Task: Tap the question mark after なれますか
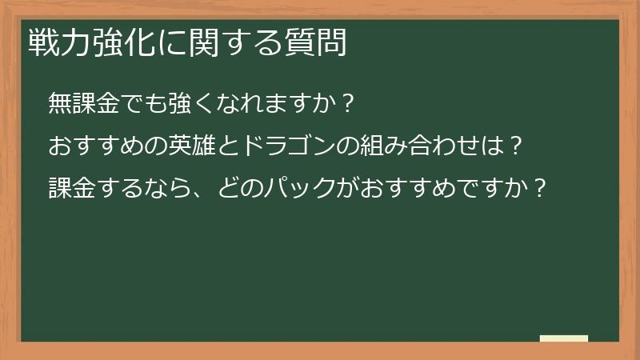(x=346, y=104)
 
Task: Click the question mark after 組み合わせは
(x=518, y=146)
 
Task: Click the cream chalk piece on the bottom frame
(x=563, y=338)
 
